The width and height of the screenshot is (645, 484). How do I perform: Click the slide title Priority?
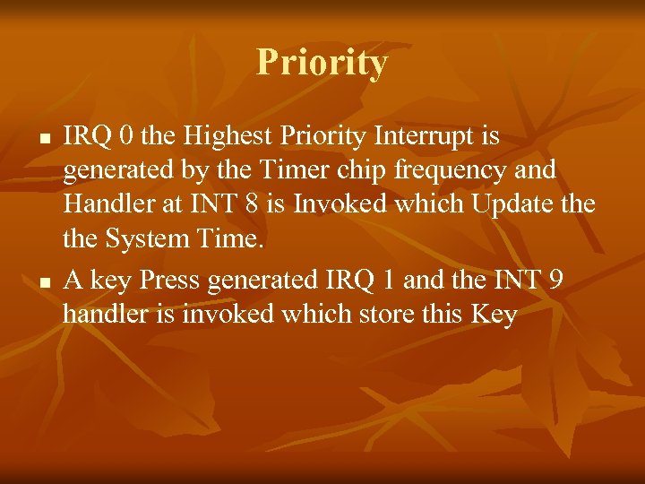coord(322,63)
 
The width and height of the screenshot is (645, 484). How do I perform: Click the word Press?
coord(170,281)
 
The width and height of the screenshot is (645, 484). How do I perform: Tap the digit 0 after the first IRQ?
coord(128,137)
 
